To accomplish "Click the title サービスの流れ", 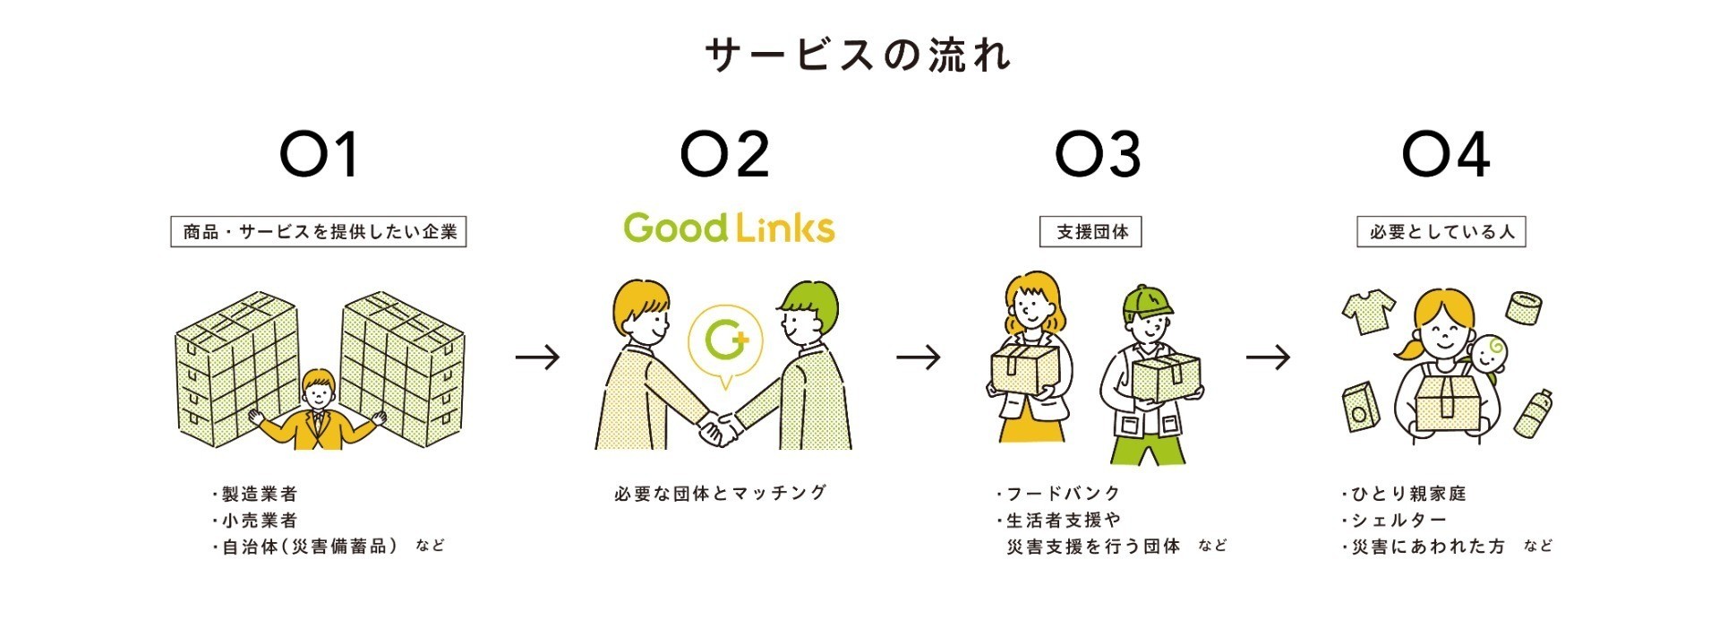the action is tap(858, 55).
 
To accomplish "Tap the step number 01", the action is tap(320, 154).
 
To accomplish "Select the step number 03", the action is tap(1098, 154).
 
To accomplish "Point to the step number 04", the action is tap(1445, 154).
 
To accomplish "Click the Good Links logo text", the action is tap(729, 228).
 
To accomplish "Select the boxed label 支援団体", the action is tap(1090, 232).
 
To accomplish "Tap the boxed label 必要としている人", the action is tap(1441, 232).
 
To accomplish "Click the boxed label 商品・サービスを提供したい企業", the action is tap(319, 232).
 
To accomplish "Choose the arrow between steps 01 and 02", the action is tap(537, 357).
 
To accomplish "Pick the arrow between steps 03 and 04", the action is tap(1268, 357).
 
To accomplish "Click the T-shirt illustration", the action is tap(1369, 310).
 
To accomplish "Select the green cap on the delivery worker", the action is tap(1147, 302).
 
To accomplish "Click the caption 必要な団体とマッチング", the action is tap(722, 493).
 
